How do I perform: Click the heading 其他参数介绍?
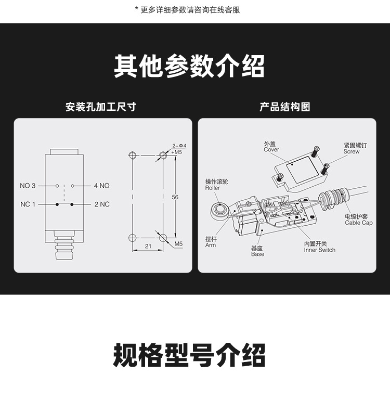pyautogui.click(x=189, y=67)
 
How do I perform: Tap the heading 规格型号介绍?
pyautogui.click(x=189, y=356)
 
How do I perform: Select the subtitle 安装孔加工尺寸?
pyautogui.click(x=101, y=107)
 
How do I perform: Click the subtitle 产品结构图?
pyautogui.click(x=284, y=107)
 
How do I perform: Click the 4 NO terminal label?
pyautogui.click(x=101, y=186)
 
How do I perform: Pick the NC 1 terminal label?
pyautogui.click(x=28, y=204)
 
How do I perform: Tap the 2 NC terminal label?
pyautogui.click(x=102, y=204)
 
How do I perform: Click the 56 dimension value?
pyautogui.click(x=175, y=197)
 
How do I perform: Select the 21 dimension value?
pyautogui.click(x=148, y=247)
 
